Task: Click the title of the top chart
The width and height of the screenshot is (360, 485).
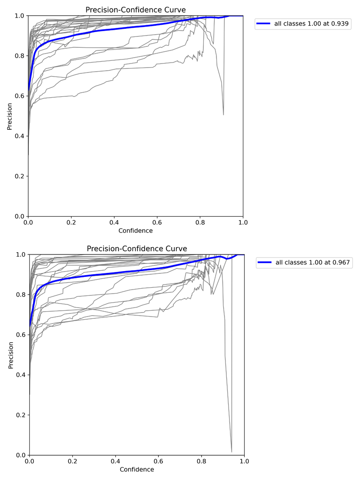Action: [135, 9]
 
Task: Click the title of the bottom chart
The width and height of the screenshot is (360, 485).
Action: [137, 249]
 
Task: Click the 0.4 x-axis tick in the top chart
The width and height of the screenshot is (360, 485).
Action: [114, 222]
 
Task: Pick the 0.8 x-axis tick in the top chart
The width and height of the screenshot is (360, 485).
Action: [200, 222]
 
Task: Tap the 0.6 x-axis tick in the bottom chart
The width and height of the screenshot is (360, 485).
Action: [158, 462]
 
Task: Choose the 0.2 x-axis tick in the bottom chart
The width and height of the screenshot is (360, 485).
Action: [72, 462]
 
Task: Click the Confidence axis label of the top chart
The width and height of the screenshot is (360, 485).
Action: [135, 231]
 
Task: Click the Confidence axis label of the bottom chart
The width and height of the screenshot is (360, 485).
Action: [137, 470]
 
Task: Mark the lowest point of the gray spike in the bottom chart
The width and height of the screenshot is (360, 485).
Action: [232, 452]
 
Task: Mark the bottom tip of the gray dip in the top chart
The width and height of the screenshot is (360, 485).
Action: [223, 115]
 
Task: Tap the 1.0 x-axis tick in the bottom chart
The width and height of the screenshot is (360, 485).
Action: [244, 462]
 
